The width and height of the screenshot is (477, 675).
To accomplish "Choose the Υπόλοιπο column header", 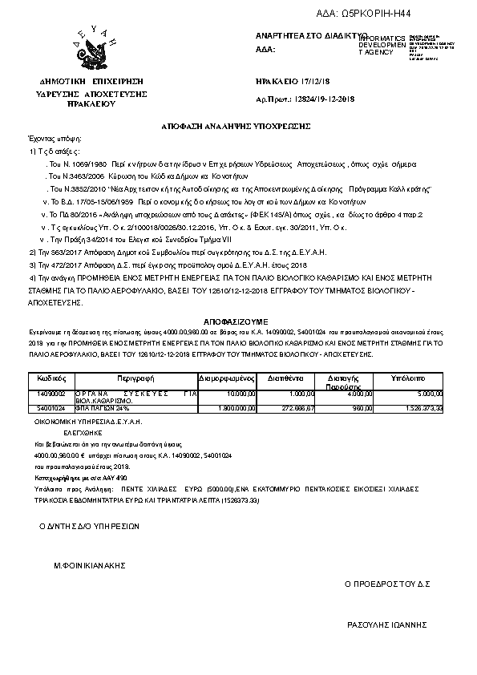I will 407,376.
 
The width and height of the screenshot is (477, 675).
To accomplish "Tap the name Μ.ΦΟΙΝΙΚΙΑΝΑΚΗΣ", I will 91,565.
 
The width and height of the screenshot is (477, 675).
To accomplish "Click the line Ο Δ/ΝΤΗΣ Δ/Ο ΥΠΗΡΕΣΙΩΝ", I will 90,527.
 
